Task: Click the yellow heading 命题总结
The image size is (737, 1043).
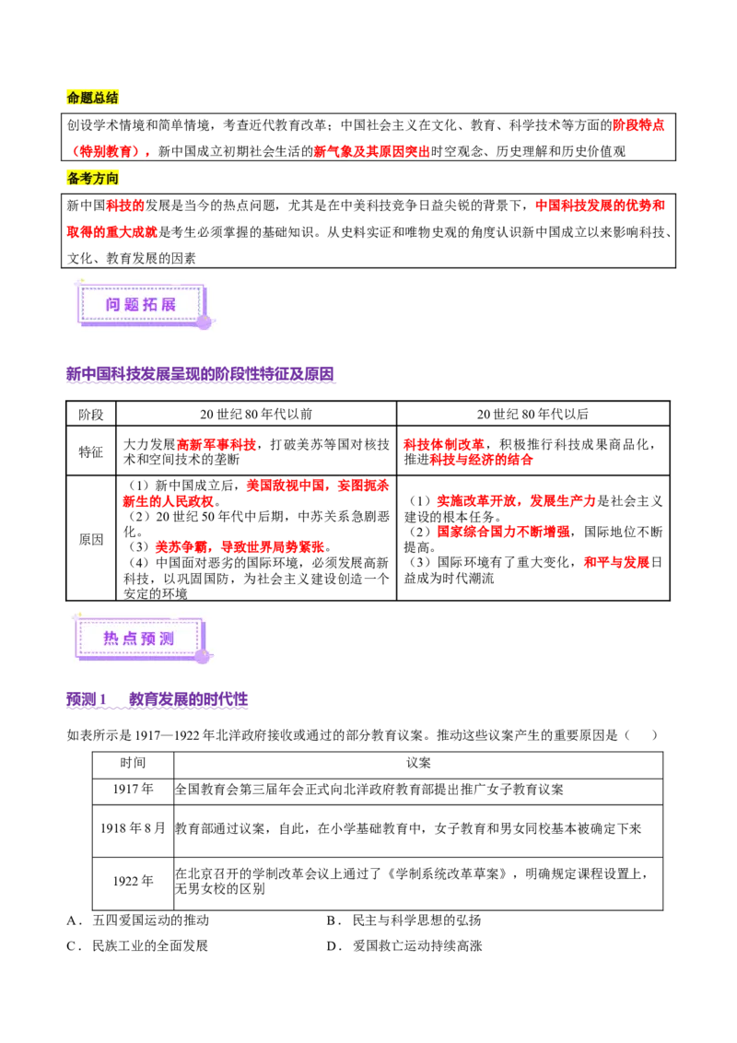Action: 94,99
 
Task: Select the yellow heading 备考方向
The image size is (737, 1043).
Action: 94,178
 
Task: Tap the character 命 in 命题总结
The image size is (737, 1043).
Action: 74,99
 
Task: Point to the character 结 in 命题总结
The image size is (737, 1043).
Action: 112,99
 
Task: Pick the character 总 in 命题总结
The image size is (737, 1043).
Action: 99,99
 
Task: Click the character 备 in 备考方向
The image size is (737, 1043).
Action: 74,178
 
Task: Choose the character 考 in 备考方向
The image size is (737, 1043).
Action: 87,178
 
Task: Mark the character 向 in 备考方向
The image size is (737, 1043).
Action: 112,178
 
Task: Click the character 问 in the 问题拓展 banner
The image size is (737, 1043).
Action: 113,304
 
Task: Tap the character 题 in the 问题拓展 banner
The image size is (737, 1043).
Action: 132,304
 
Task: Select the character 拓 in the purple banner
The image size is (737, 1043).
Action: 150,304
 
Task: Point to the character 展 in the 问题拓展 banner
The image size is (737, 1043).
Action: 169,304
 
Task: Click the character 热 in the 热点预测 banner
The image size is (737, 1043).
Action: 111,638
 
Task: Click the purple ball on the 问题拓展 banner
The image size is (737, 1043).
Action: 204,322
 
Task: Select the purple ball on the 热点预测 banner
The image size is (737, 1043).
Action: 202,656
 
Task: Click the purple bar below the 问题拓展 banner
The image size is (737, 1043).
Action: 202,375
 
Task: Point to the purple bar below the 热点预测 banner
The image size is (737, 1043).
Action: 158,701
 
